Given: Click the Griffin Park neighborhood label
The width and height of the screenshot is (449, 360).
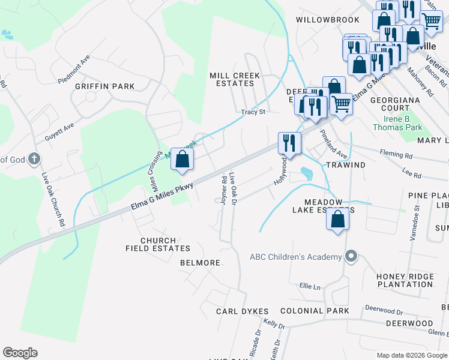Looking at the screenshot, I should tap(104, 86).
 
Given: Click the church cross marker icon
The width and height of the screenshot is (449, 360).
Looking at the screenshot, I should tap(35, 159).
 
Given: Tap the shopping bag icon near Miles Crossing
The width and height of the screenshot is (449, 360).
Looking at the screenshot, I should tap(182, 159).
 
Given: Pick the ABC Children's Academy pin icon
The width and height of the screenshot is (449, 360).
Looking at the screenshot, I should tap(352, 257).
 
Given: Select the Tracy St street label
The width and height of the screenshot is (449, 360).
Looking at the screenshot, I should tap(253, 112).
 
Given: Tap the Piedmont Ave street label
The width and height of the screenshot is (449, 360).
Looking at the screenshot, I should tap(74, 70).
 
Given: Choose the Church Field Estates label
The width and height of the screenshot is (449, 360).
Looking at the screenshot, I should tap(157, 244).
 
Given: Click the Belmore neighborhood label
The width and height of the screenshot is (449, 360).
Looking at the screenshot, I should tap(200, 263).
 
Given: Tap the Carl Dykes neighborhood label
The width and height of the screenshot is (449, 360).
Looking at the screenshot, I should tap(243, 311).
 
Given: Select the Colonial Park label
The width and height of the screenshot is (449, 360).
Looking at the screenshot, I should tap(315, 311).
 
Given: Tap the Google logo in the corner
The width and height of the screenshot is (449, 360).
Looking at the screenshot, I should tap(20, 353).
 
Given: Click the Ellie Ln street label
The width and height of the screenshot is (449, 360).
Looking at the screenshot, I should tap(309, 287).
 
